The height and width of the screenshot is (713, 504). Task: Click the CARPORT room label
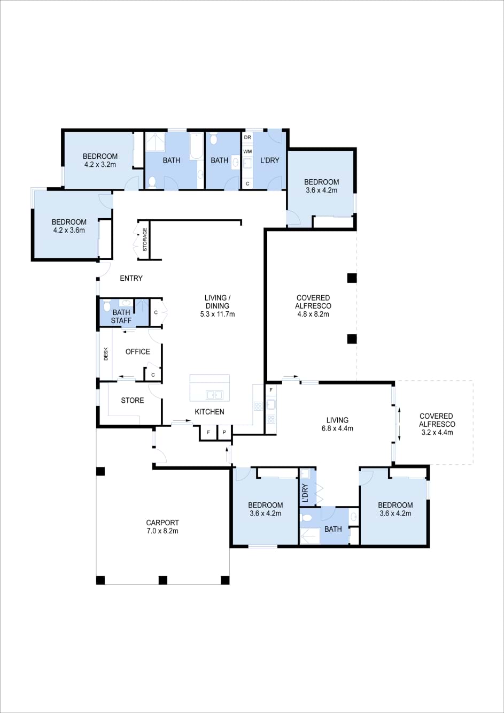pyautogui.click(x=162, y=523)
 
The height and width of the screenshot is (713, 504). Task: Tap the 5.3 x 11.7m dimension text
pyautogui.click(x=218, y=314)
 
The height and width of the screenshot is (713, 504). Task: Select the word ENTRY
pyautogui.click(x=131, y=278)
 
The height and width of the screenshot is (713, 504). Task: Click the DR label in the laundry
pyautogui.click(x=247, y=137)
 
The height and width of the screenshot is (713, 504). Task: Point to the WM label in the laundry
pyautogui.click(x=247, y=151)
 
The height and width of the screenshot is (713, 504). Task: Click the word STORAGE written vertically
pyautogui.click(x=145, y=240)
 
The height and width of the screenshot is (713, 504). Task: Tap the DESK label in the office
pyautogui.click(x=106, y=354)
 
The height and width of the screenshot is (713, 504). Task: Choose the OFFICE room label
pyautogui.click(x=138, y=352)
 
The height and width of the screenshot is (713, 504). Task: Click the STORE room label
pyautogui.click(x=133, y=401)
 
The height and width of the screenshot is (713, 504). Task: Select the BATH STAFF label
pyautogui.click(x=121, y=317)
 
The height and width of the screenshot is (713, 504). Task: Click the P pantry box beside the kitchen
pyautogui.click(x=224, y=432)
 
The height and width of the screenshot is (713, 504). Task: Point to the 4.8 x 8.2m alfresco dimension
pyautogui.click(x=313, y=314)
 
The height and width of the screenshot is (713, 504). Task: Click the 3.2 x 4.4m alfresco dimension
pyautogui.click(x=437, y=432)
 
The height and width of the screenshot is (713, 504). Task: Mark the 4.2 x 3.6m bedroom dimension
pyautogui.click(x=69, y=230)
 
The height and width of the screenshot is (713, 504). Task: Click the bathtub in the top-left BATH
pyautogui.click(x=196, y=146)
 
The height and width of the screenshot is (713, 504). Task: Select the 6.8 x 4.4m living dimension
pyautogui.click(x=337, y=428)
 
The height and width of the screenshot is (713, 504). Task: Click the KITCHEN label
pyautogui.click(x=210, y=412)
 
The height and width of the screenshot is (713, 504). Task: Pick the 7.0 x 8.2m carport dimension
pyautogui.click(x=162, y=531)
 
